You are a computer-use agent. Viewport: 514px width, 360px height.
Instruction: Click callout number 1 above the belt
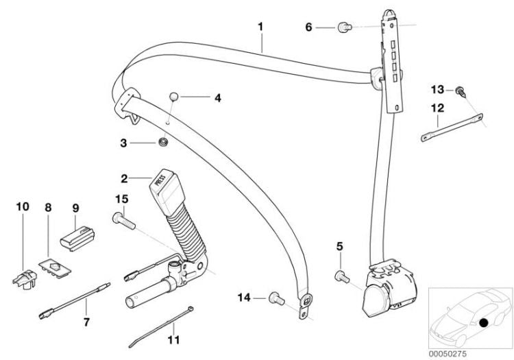click(260, 27)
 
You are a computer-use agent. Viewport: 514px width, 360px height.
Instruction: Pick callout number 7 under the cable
click(86, 321)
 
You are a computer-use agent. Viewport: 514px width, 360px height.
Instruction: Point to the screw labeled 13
click(459, 91)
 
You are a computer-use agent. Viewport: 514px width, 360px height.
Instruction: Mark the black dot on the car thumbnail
click(485, 322)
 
